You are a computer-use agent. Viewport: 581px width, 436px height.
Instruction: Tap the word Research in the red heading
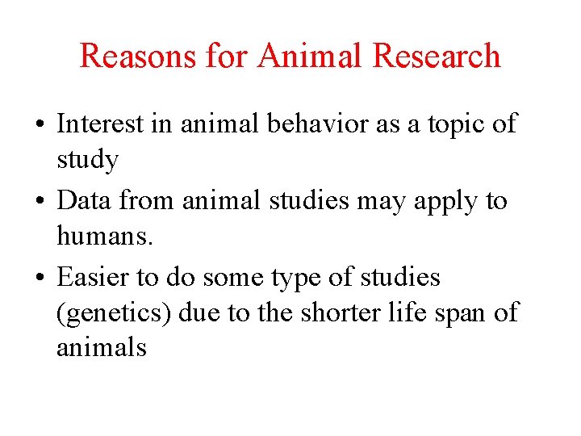tap(437, 57)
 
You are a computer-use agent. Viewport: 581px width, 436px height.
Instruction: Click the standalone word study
tap(87, 160)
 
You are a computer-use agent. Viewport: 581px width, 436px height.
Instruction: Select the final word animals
tap(101, 348)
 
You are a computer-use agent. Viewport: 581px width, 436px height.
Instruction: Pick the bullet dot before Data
tap(39, 201)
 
